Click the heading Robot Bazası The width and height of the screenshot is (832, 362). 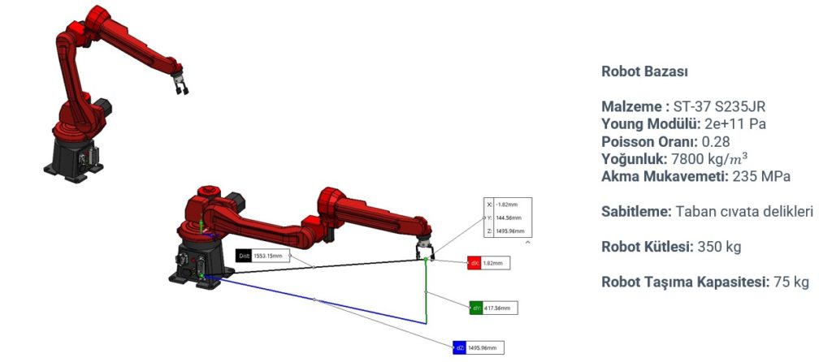pyautogui.click(x=644, y=71)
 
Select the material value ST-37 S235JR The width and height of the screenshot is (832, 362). pyautogui.click(x=719, y=107)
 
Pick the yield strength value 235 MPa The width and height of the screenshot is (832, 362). pyautogui.click(x=762, y=176)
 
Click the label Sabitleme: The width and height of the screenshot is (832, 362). pyautogui.click(x=636, y=212)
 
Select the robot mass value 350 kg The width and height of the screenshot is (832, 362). pyautogui.click(x=719, y=247)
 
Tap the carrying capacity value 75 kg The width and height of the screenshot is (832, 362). pyautogui.click(x=790, y=282)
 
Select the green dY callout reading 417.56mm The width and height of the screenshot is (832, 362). pyautogui.click(x=492, y=308)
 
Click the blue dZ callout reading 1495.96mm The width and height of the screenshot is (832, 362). pyautogui.click(x=479, y=348)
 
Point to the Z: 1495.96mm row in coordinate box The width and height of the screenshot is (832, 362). pyautogui.click(x=507, y=231)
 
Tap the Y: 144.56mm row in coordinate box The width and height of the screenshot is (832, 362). pyautogui.click(x=507, y=218)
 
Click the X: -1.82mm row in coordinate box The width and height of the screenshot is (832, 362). pyautogui.click(x=507, y=205)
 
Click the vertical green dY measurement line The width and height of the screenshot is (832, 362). pyautogui.click(x=426, y=292)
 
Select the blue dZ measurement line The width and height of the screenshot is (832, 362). pyautogui.click(x=317, y=300)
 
